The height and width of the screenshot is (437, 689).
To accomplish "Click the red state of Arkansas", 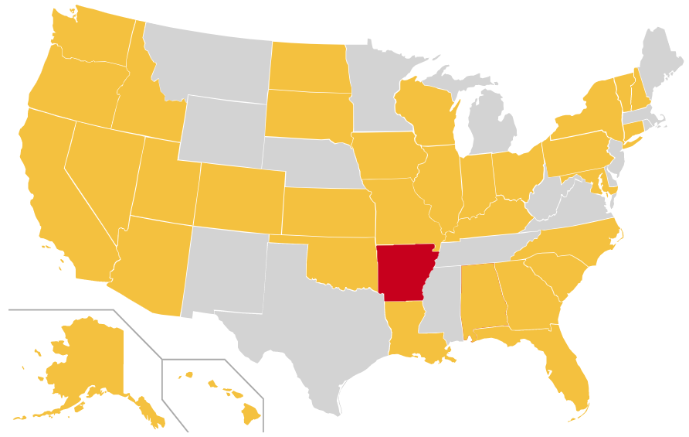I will click(405, 272).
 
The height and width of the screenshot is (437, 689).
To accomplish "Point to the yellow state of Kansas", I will click(328, 211).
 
